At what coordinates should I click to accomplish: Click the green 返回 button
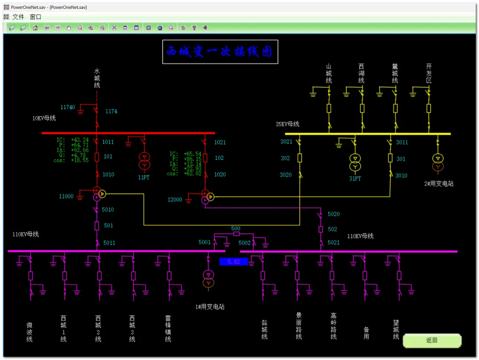tap(432, 340)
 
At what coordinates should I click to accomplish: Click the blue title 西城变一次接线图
tap(220, 52)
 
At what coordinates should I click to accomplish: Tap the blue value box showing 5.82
tap(234, 262)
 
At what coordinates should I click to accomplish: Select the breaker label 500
tap(236, 229)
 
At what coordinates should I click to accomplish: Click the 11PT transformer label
tap(144, 178)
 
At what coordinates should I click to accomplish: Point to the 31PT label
tap(355, 178)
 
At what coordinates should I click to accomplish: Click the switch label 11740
tap(68, 107)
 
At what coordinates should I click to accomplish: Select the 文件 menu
tap(18, 17)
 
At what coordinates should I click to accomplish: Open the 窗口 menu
tap(35, 17)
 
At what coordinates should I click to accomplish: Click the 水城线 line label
tap(97, 78)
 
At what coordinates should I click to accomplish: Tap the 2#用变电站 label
tap(439, 183)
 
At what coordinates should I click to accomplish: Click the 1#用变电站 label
tap(210, 307)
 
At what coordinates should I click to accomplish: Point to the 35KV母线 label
tap(287, 124)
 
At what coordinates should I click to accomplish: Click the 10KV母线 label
tap(44, 118)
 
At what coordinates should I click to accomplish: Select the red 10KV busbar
tap(128, 133)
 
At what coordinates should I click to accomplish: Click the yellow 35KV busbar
tap(368, 134)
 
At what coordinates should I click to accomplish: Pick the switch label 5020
tap(334, 214)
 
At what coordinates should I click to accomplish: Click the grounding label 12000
tap(175, 200)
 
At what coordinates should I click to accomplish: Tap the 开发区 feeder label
tap(429, 73)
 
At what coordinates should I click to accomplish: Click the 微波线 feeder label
tap(30, 332)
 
